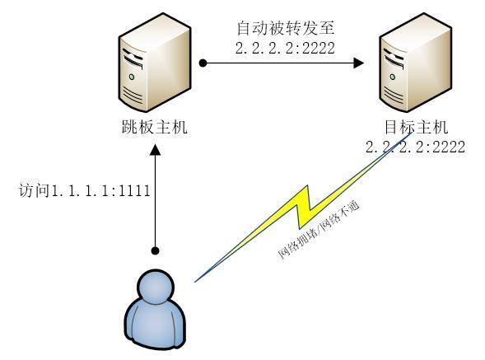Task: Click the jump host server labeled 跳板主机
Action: [155, 63]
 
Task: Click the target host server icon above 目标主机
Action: [415, 63]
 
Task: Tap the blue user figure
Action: [155, 310]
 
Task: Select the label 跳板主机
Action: [155, 127]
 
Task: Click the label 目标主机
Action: [416, 127]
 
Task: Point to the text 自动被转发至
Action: [286, 28]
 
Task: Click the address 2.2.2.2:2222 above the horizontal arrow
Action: [285, 49]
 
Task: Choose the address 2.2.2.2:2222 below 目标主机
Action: [415, 147]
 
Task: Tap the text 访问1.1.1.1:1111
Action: [84, 190]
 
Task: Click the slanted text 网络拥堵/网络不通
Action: [319, 230]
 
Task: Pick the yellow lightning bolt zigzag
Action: [303, 208]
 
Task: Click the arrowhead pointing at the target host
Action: [358, 63]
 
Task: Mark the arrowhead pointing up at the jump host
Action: [155, 149]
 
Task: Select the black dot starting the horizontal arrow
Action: [203, 63]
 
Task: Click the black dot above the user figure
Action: [156, 250]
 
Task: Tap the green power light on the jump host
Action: [132, 77]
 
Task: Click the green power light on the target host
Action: [393, 77]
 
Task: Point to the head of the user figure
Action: [155, 287]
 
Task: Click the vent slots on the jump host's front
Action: [133, 96]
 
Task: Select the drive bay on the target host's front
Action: [394, 58]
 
